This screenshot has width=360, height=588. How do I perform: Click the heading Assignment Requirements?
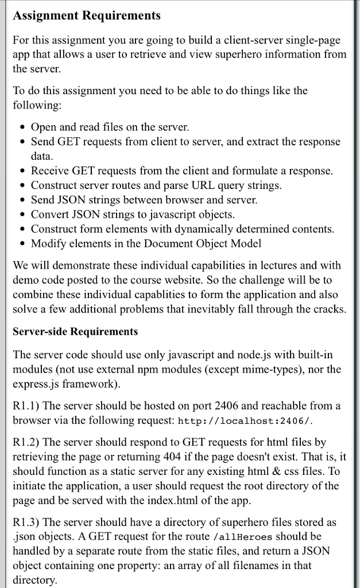pos(87,16)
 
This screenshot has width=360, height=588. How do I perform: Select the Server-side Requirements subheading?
pos(75,331)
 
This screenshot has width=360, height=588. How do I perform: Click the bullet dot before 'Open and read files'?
pos(22,127)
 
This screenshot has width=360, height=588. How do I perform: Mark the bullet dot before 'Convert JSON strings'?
pos(22,215)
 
